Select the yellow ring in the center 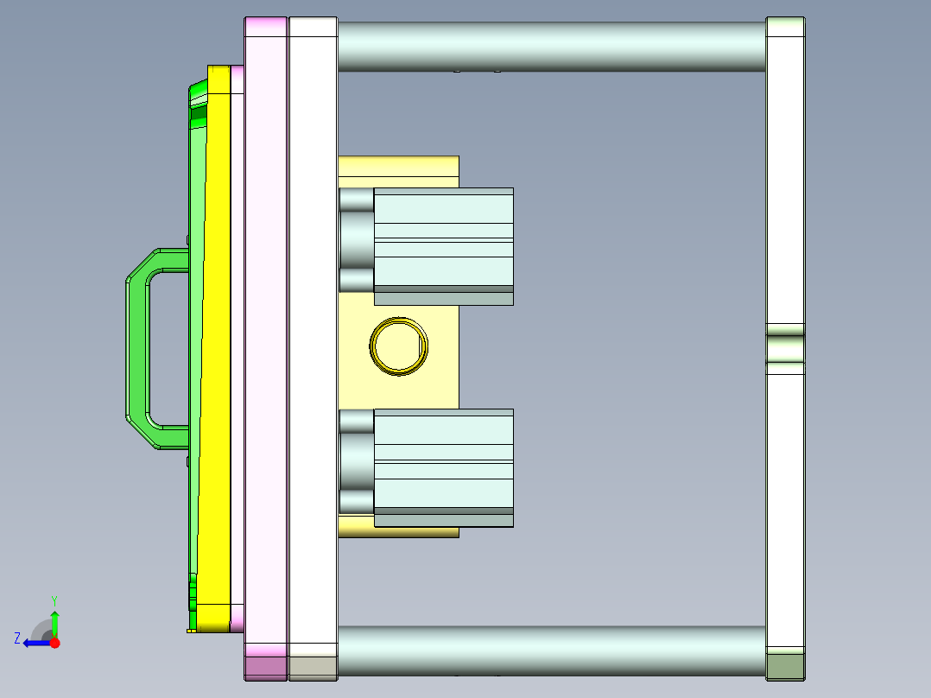pyautogui.click(x=398, y=346)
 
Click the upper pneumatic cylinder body pyautogui.click(x=444, y=242)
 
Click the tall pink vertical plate pyautogui.click(x=266, y=346)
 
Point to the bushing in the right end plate pyautogui.click(x=785, y=348)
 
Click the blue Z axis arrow pyautogui.click(x=35, y=643)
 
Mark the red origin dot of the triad pyautogui.click(x=54, y=643)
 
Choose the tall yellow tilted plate pyautogui.click(x=218, y=346)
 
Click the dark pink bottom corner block pyautogui.click(x=266, y=667)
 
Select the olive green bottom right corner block pyautogui.click(x=785, y=667)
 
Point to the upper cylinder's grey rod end pyautogui.click(x=356, y=242)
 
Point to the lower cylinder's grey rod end pyautogui.click(x=356, y=463)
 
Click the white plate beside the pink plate pyautogui.click(x=313, y=346)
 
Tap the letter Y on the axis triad pyautogui.click(x=54, y=600)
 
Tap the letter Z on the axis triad pyautogui.click(x=17, y=638)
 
